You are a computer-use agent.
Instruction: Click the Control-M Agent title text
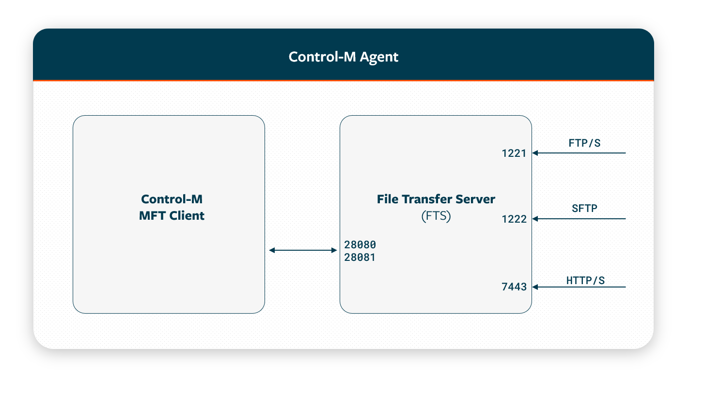click(343, 57)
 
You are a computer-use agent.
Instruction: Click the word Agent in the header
click(379, 57)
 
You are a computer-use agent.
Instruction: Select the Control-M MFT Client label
click(172, 207)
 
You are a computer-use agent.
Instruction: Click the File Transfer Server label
click(436, 199)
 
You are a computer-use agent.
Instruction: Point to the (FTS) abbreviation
click(436, 216)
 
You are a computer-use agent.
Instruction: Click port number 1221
click(514, 153)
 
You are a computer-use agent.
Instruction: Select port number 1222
click(514, 219)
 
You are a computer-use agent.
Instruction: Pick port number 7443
click(514, 287)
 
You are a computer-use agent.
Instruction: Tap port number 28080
click(360, 244)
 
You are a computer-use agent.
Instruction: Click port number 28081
click(360, 257)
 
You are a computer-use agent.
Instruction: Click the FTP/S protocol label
click(584, 143)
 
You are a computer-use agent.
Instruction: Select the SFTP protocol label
click(584, 209)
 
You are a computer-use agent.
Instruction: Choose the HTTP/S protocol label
click(585, 280)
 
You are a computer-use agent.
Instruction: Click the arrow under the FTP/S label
click(580, 153)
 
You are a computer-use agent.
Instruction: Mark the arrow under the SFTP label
click(580, 219)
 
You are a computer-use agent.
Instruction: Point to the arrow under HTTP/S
click(580, 287)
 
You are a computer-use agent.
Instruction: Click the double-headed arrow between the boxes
click(303, 250)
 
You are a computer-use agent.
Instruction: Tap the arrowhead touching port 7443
click(536, 287)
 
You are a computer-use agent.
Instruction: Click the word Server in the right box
click(477, 199)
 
